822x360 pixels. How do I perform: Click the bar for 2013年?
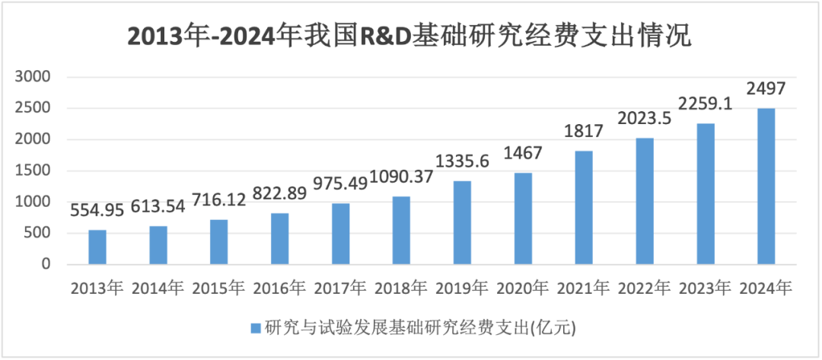(x=97, y=247)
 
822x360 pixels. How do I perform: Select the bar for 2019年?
(x=462, y=223)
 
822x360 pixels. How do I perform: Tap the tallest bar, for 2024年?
(x=766, y=186)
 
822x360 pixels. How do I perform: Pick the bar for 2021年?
(x=584, y=208)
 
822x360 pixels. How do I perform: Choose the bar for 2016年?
(x=279, y=239)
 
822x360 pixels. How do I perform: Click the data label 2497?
(x=766, y=90)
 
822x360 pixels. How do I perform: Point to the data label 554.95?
(x=97, y=211)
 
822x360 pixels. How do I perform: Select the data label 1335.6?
(x=462, y=162)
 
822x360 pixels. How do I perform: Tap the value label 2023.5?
(x=645, y=119)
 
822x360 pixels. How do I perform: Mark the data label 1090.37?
(x=401, y=182)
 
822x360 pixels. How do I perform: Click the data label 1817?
(x=584, y=132)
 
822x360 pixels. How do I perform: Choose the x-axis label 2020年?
(x=523, y=288)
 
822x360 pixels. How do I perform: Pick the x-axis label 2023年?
(x=706, y=288)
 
